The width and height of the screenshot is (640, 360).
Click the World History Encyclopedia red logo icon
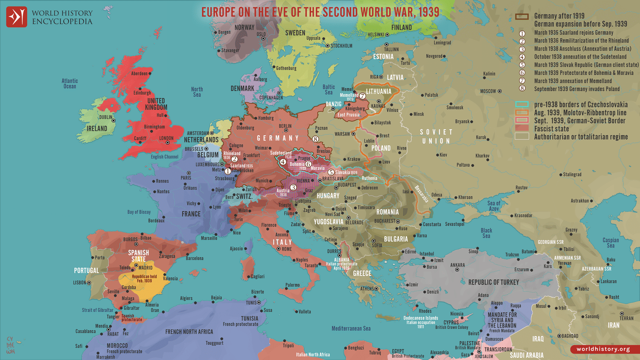17,17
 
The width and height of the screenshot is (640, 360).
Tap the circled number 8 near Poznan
315,139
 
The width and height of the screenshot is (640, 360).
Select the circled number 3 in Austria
293,187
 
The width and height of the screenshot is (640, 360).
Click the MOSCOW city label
488,91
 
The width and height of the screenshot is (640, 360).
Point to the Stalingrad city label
572,174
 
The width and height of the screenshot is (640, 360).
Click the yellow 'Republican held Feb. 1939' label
144,279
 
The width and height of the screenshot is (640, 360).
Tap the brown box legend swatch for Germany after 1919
522,17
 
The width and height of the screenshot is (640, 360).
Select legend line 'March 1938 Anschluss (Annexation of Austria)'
582,49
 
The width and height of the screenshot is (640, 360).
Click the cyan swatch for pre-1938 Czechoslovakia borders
522,105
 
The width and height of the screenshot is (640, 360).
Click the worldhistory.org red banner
603,349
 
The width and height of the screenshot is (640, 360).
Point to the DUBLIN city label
106,117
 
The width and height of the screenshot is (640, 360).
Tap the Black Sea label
486,233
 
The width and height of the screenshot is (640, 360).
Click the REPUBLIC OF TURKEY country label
493,282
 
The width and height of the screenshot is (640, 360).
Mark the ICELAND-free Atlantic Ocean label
70,83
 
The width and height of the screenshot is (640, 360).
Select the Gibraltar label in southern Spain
131,308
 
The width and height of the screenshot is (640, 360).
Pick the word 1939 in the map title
428,12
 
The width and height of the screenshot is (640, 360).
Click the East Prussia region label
348,115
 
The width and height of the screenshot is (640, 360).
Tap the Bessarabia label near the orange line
422,194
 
